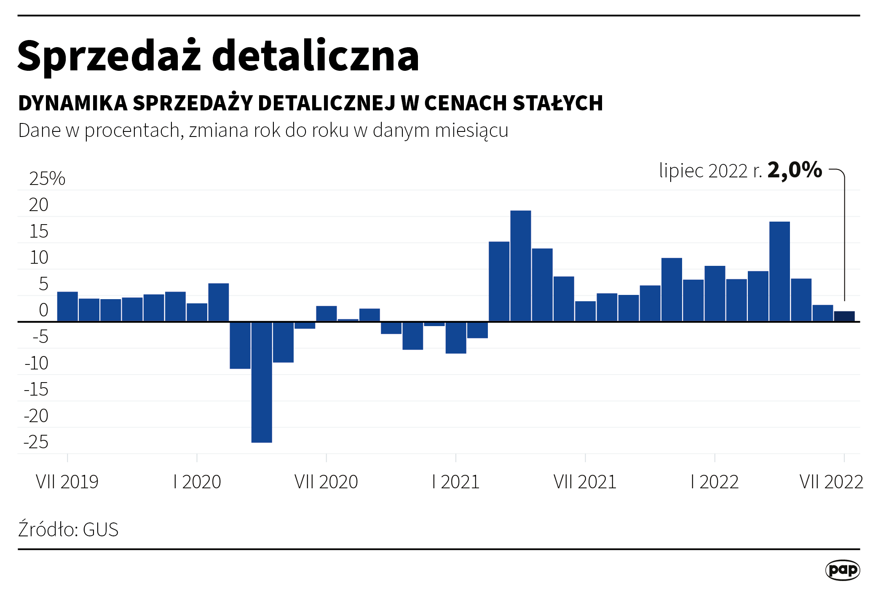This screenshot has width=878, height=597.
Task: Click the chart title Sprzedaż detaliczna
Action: tap(218, 56)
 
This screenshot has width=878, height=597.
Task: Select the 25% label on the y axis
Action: tap(47, 179)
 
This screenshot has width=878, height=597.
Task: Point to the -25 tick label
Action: tap(36, 442)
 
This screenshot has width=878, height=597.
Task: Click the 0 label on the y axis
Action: tap(43, 310)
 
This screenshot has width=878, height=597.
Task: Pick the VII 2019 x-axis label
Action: tap(67, 482)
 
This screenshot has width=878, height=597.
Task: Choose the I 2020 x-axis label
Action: tap(197, 482)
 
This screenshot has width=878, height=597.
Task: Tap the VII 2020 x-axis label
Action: tap(326, 482)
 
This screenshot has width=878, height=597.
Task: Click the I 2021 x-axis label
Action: tap(455, 482)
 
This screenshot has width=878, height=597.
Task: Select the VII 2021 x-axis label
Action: tap(585, 482)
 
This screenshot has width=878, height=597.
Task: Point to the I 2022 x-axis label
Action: tap(715, 482)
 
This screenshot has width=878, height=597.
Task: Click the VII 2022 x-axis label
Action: tap(831, 482)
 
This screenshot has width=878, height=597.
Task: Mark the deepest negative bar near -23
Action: tap(262, 382)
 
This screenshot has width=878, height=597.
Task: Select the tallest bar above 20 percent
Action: tap(520, 265)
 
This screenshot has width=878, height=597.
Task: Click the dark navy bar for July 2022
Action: tap(844, 316)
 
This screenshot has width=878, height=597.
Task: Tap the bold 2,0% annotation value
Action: tap(795, 170)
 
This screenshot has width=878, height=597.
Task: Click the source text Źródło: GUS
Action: tap(68, 530)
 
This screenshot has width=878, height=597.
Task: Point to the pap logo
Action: tap(842, 570)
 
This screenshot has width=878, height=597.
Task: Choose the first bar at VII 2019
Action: tap(67, 306)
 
